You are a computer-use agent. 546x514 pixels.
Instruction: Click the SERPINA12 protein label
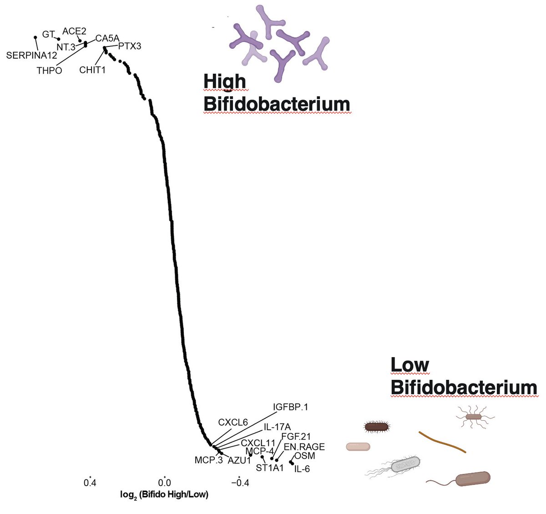tap(31, 55)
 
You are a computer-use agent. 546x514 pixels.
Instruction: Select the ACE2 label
tap(74, 31)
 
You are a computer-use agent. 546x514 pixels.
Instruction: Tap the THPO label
tap(49, 71)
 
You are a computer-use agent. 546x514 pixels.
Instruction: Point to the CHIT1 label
tap(92, 70)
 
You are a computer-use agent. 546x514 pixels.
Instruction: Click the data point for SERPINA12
tap(35, 37)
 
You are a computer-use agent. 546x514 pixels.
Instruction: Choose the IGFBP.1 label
tap(290, 407)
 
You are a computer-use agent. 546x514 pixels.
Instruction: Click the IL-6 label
tap(302, 469)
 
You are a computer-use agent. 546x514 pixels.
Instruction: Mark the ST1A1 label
tap(269, 467)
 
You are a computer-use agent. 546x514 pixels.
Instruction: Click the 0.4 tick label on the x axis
tap(90, 482)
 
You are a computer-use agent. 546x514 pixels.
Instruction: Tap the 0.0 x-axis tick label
tap(164, 482)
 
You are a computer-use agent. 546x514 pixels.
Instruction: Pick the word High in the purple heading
tap(224, 82)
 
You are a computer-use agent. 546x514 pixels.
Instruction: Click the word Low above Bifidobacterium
tap(409, 364)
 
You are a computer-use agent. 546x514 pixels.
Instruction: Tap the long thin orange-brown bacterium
tap(442, 442)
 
